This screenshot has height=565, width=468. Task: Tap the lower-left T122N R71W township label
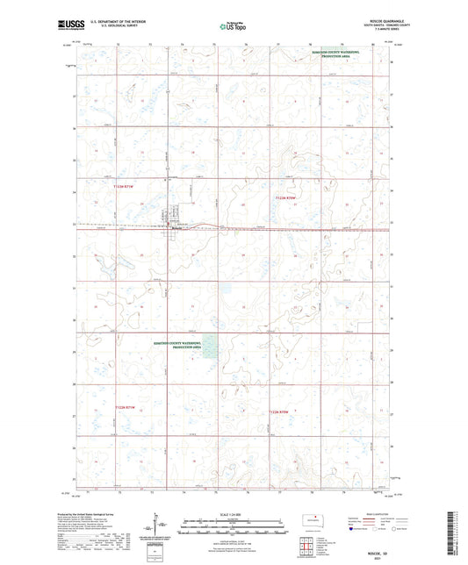[x=126, y=408]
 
